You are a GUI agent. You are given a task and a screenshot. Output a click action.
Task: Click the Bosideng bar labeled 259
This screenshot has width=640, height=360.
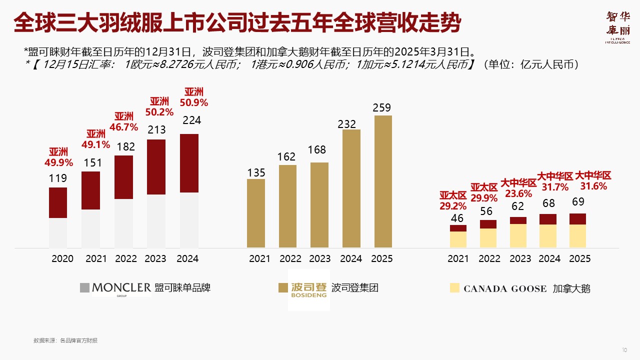coord(383,181)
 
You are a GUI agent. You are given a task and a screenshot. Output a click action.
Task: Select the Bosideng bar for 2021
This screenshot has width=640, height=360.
coord(256,213)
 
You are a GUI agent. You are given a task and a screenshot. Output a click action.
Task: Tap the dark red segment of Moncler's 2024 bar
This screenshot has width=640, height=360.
coord(189,163)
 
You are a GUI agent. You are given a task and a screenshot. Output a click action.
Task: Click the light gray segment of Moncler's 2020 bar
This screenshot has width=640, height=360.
coord(58,233)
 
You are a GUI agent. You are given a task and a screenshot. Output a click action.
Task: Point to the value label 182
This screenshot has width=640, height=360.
coord(123,147)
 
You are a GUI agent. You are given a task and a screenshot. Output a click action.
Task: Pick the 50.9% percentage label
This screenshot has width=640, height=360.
coord(194,103)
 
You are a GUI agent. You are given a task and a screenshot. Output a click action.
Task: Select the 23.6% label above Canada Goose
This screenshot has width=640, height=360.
coord(518,193)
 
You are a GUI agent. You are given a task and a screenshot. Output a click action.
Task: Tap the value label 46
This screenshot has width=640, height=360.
coord(457,218)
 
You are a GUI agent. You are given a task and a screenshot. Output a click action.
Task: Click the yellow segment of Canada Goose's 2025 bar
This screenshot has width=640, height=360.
coord(577,236)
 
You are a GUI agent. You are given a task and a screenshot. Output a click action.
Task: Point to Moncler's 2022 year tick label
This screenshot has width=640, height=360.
coord(125,258)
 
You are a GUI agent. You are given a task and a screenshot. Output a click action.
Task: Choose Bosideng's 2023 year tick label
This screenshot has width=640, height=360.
coord(320,258)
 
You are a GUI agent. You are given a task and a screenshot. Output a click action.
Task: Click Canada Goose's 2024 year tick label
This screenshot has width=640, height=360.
coord(549,258)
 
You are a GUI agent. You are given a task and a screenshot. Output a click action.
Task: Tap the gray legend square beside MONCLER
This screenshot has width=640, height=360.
coord(84,287)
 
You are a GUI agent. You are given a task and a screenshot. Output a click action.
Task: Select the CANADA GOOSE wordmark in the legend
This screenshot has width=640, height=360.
coord(505,288)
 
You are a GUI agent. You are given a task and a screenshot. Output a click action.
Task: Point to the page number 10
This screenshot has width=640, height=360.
coord(624,349)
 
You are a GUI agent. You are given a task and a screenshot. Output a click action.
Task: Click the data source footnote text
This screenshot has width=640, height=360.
coord(65,340)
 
